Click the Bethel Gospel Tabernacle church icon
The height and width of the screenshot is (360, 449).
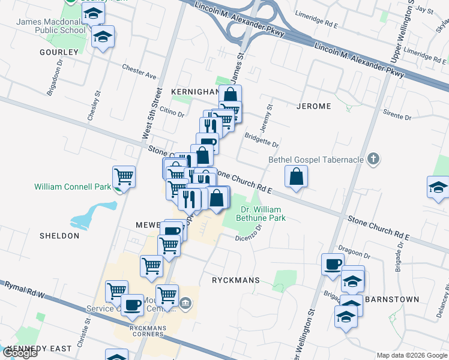pyautogui.click(x=373, y=160)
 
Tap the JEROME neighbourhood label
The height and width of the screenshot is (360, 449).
pyautogui.click(x=313, y=106)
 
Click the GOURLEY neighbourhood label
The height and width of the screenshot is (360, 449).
pyautogui.click(x=59, y=52)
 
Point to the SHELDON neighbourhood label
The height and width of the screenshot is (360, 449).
pyautogui.click(x=59, y=236)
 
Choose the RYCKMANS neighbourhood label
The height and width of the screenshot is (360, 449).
pyautogui.click(x=235, y=280)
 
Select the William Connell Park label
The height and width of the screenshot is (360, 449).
pyautogui.click(x=73, y=187)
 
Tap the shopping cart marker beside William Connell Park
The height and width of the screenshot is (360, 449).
pyautogui.click(x=124, y=176)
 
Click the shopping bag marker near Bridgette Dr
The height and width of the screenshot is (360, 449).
pyautogui.click(x=297, y=176)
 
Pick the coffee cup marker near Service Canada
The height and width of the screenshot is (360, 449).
pyautogui.click(x=132, y=305)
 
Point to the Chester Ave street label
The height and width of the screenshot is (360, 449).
pyautogui.click(x=139, y=71)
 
